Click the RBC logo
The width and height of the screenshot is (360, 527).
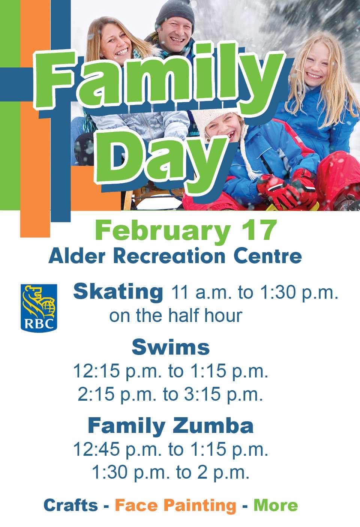pos(39,307)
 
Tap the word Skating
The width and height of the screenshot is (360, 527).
pos(118,292)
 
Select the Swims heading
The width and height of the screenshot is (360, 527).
pos(171,347)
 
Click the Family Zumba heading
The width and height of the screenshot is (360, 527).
pos(171,426)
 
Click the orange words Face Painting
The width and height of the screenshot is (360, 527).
pos(175,505)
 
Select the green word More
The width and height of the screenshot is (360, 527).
pos(276,505)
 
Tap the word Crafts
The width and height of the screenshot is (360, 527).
pos(70,505)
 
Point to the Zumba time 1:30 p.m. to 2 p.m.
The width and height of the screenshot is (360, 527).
pos(171,473)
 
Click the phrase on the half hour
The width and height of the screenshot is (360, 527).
pos(175,316)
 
